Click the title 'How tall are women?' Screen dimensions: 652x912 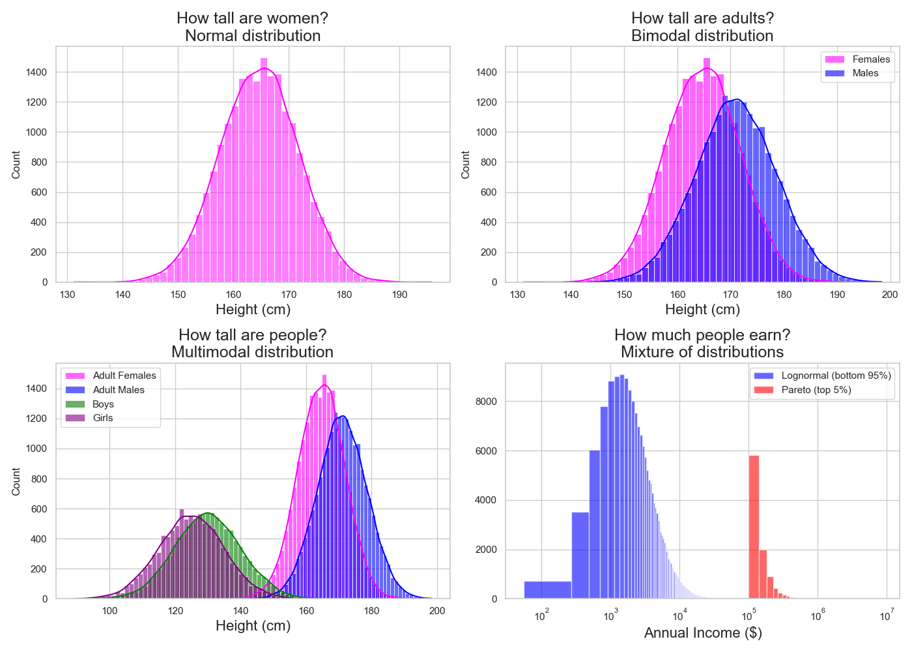(x=253, y=18)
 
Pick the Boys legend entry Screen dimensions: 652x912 (x=103, y=404)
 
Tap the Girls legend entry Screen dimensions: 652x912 (x=103, y=418)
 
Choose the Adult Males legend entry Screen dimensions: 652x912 (x=119, y=390)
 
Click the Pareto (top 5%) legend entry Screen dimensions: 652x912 (x=816, y=390)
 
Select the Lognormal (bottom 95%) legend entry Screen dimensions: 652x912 (x=836, y=376)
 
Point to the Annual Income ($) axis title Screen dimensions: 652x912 (x=703, y=632)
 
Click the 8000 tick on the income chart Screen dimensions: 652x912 (x=486, y=402)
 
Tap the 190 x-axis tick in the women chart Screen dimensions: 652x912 (x=399, y=295)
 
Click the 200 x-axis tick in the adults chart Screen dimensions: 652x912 (x=890, y=295)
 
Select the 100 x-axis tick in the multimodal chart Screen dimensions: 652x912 (x=109, y=611)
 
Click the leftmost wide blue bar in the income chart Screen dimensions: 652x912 (x=547, y=590)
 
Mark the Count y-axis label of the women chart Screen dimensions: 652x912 (x=16, y=164)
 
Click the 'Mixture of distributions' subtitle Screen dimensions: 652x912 (x=702, y=352)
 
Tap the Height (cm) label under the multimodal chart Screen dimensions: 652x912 (x=253, y=625)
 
